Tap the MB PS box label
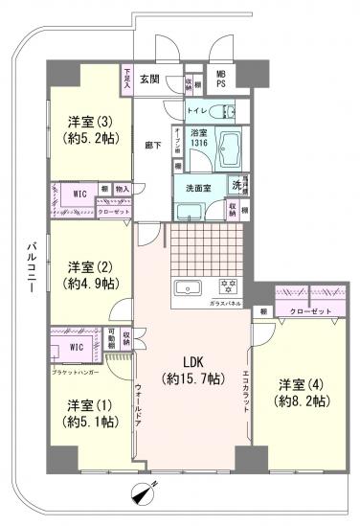(x=221, y=80)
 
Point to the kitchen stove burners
(x=228, y=286)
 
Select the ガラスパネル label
(x=224, y=303)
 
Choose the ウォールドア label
(x=139, y=407)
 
